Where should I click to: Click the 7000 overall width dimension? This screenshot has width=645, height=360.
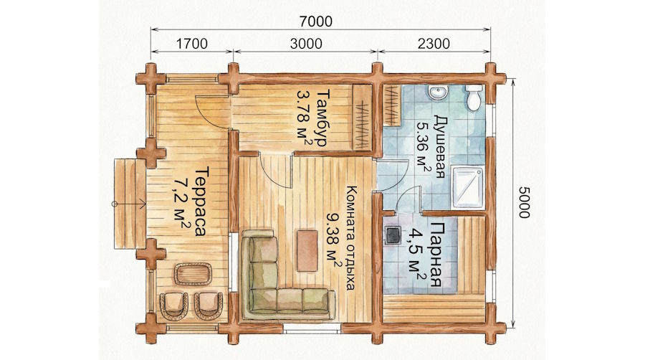(315, 21)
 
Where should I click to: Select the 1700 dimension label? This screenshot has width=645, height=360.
(191, 44)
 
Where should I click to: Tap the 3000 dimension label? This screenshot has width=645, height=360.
(306, 44)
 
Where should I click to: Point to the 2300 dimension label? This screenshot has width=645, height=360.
(434, 44)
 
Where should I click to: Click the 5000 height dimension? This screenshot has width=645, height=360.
(524, 202)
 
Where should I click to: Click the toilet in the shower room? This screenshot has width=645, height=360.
(474, 98)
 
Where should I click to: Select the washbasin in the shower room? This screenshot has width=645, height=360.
(438, 93)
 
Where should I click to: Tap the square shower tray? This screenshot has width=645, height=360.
(468, 187)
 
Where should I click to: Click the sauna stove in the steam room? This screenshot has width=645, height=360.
(393, 235)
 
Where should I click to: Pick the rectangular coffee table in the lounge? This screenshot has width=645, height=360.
(307, 250)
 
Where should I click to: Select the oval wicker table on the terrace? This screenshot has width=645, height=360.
(193, 275)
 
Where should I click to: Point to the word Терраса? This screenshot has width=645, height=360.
(201, 202)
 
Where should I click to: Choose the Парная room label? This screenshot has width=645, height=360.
(436, 255)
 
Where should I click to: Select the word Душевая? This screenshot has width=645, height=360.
(439, 146)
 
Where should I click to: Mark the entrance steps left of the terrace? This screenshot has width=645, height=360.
(130, 204)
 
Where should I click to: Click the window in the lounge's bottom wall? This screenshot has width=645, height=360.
(312, 328)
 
